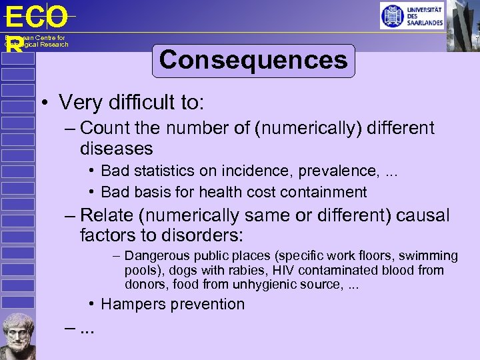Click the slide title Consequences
click(x=253, y=60)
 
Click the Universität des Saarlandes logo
click(x=411, y=15)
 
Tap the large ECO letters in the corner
click(x=36, y=17)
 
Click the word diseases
click(x=116, y=147)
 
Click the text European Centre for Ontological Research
click(x=36, y=41)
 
